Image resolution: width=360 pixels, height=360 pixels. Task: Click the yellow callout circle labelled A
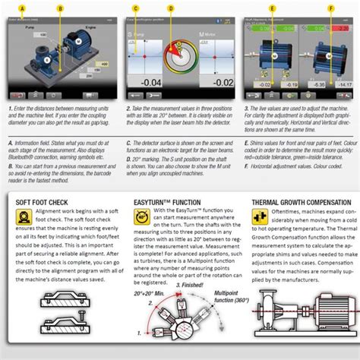[21, 8]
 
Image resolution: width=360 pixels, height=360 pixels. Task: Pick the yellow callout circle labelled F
[330, 8]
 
